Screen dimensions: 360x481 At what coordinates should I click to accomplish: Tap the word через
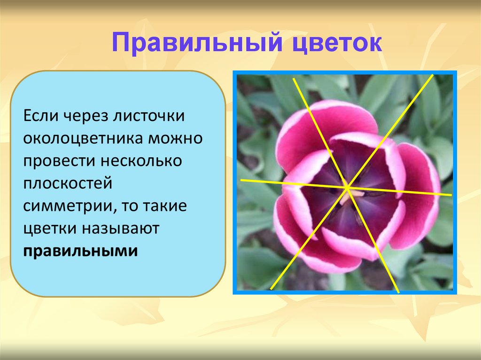pyautogui.click(x=85, y=116)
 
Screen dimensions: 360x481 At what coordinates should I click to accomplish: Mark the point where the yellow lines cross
pyautogui.click(x=348, y=187)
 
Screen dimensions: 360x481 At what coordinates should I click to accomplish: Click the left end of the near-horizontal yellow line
pyautogui.click(x=241, y=180)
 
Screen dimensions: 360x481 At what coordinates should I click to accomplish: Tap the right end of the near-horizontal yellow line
pyautogui.click(x=451, y=194)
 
